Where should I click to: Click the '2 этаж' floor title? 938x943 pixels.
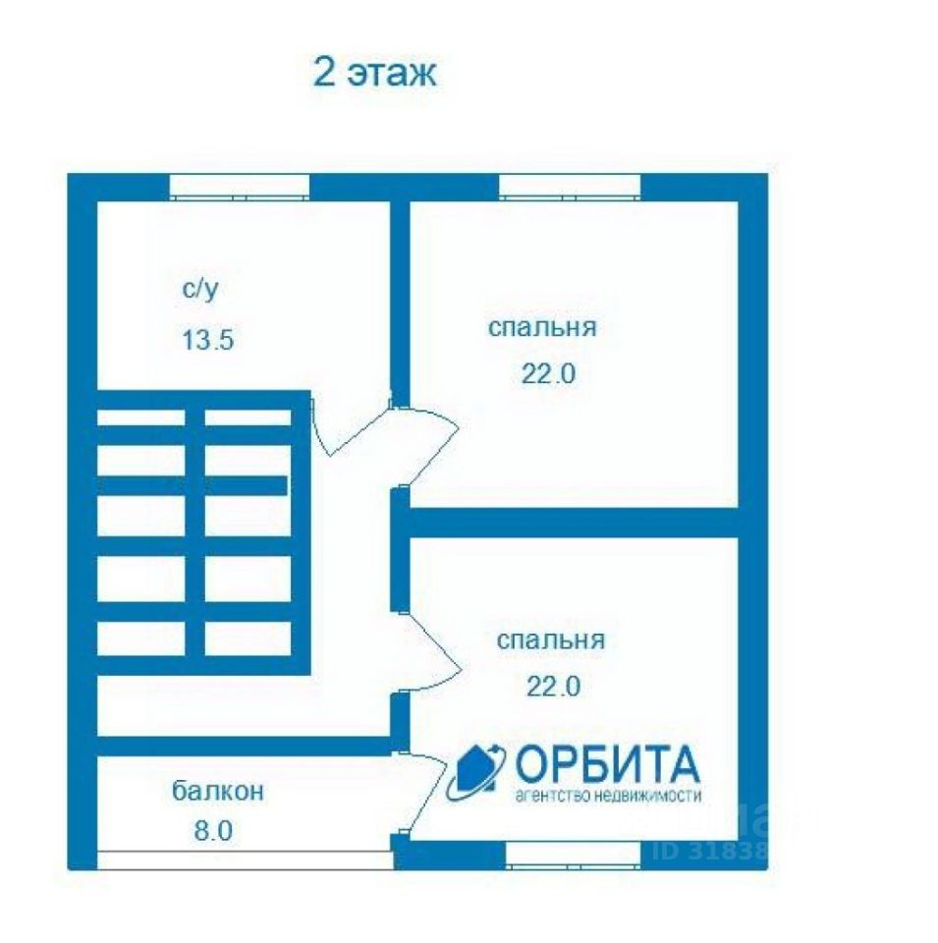pos(374,74)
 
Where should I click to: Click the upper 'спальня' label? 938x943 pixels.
pos(542,327)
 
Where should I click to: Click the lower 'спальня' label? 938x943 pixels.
pos(550,640)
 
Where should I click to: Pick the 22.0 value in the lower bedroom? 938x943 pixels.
pos(553,687)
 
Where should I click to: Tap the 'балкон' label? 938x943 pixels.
pos(218,790)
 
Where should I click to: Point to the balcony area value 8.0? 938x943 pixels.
pos(213,831)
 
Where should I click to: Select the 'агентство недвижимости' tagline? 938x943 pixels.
pos(608,797)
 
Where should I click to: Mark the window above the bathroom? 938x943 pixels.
pos(240,186)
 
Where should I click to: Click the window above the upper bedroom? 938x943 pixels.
pos(570,186)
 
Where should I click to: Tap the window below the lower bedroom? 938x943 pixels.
pos(574,855)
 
